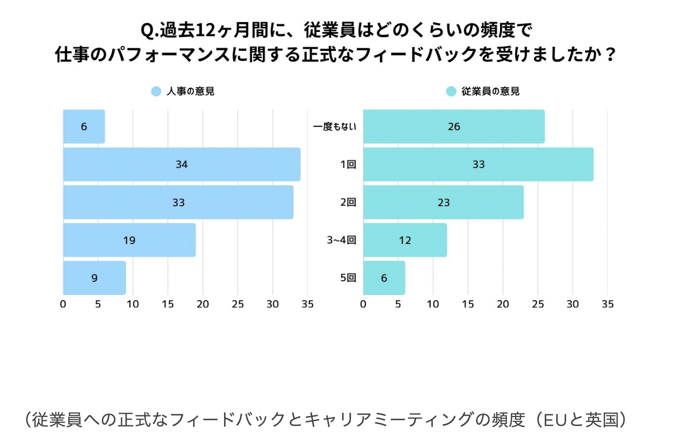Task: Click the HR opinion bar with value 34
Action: tap(182, 164)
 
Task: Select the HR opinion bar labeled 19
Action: tap(129, 240)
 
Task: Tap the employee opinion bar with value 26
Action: tap(453, 126)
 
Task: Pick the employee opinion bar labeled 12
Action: tap(405, 240)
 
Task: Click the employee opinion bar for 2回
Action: tap(443, 203)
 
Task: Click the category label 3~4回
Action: tap(342, 240)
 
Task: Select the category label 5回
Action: tap(348, 278)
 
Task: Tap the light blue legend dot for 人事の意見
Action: tap(156, 91)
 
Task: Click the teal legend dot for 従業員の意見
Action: tap(451, 91)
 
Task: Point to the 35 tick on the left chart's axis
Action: tap(307, 304)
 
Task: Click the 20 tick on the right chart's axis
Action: tap(503, 304)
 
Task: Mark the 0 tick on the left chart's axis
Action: tap(63, 304)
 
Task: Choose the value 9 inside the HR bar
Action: tap(94, 278)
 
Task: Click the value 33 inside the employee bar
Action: tap(478, 164)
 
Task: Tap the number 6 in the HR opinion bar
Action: tap(84, 126)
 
